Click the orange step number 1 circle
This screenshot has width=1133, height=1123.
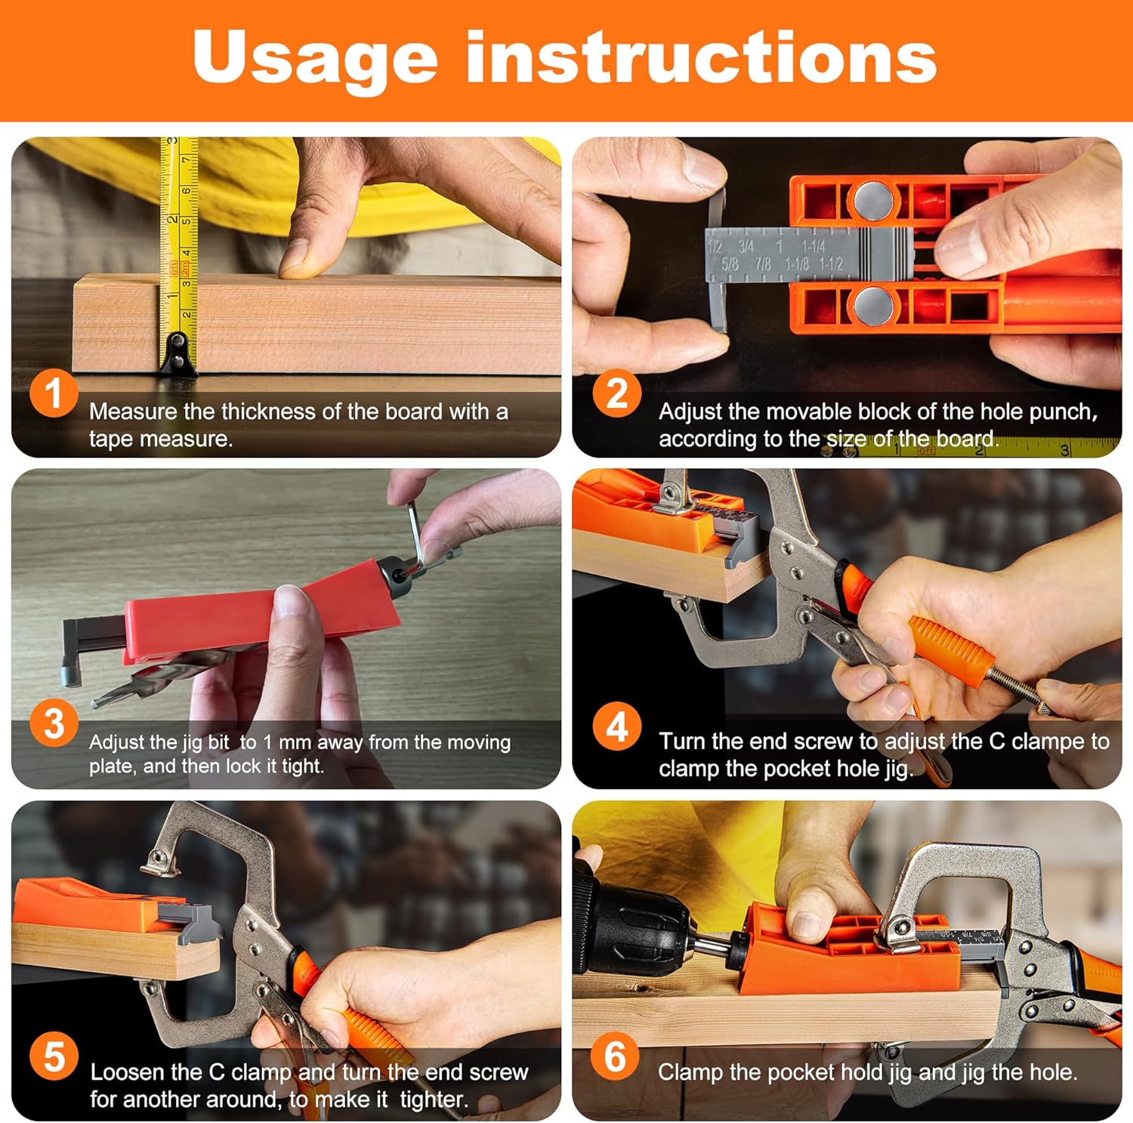point(54,393)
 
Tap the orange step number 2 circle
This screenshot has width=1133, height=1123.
point(617,393)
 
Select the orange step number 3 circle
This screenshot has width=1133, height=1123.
point(54,723)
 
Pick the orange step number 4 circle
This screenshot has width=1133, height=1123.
point(617,727)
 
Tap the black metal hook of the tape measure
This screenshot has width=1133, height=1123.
point(178,353)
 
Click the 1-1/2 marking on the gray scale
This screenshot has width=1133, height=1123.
point(831,264)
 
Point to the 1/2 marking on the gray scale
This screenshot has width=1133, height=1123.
point(715,246)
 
